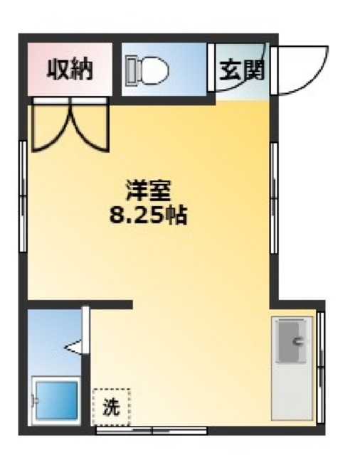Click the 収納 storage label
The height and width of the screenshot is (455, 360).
pyautogui.click(x=69, y=69)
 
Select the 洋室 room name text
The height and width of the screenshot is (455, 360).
pyautogui.click(x=148, y=192)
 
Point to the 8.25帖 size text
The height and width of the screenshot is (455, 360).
pyautogui.click(x=148, y=214)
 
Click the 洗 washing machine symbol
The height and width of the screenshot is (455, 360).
pyautogui.click(x=111, y=407)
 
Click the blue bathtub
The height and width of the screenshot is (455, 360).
pyautogui.click(x=57, y=401)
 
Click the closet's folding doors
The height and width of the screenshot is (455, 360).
pyautogui.click(x=69, y=127)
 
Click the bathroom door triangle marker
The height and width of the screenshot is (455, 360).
pyautogui.click(x=75, y=347)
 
